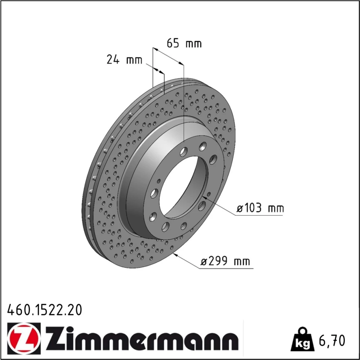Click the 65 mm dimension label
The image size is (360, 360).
coord(184,43)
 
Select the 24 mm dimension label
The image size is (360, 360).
coord(125,60)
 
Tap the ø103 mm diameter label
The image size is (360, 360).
coord(260,208)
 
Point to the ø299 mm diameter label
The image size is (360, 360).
coord(225,261)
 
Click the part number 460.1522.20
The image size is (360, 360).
coord(45,310)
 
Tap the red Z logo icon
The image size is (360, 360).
coord(24,337)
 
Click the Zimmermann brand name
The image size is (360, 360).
coord(142,338)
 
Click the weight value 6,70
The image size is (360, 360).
coord(332,341)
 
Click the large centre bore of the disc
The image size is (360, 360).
coord(183,187)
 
